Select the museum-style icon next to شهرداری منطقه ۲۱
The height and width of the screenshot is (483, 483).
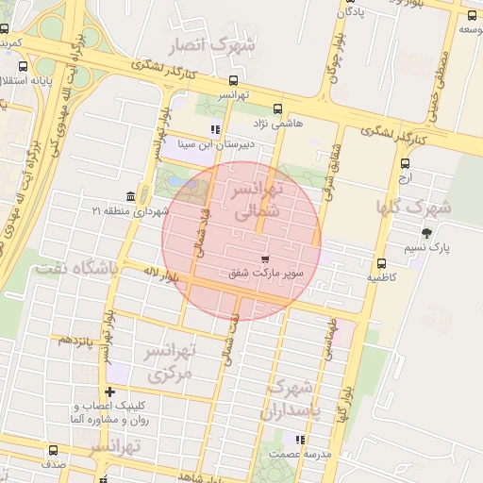(129, 195)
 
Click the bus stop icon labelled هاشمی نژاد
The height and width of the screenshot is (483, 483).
(276, 108)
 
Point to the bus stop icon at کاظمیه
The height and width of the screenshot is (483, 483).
(381, 264)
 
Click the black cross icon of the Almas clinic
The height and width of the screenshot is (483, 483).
(110, 391)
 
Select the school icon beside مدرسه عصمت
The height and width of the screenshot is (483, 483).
(300, 440)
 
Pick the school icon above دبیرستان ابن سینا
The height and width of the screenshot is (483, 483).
(215, 129)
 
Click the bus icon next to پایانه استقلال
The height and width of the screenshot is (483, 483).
(24, 66)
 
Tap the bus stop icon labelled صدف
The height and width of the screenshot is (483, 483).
(52, 451)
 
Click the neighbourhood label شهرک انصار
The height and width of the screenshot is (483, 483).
(212, 45)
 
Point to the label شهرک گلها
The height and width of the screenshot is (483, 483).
(414, 207)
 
